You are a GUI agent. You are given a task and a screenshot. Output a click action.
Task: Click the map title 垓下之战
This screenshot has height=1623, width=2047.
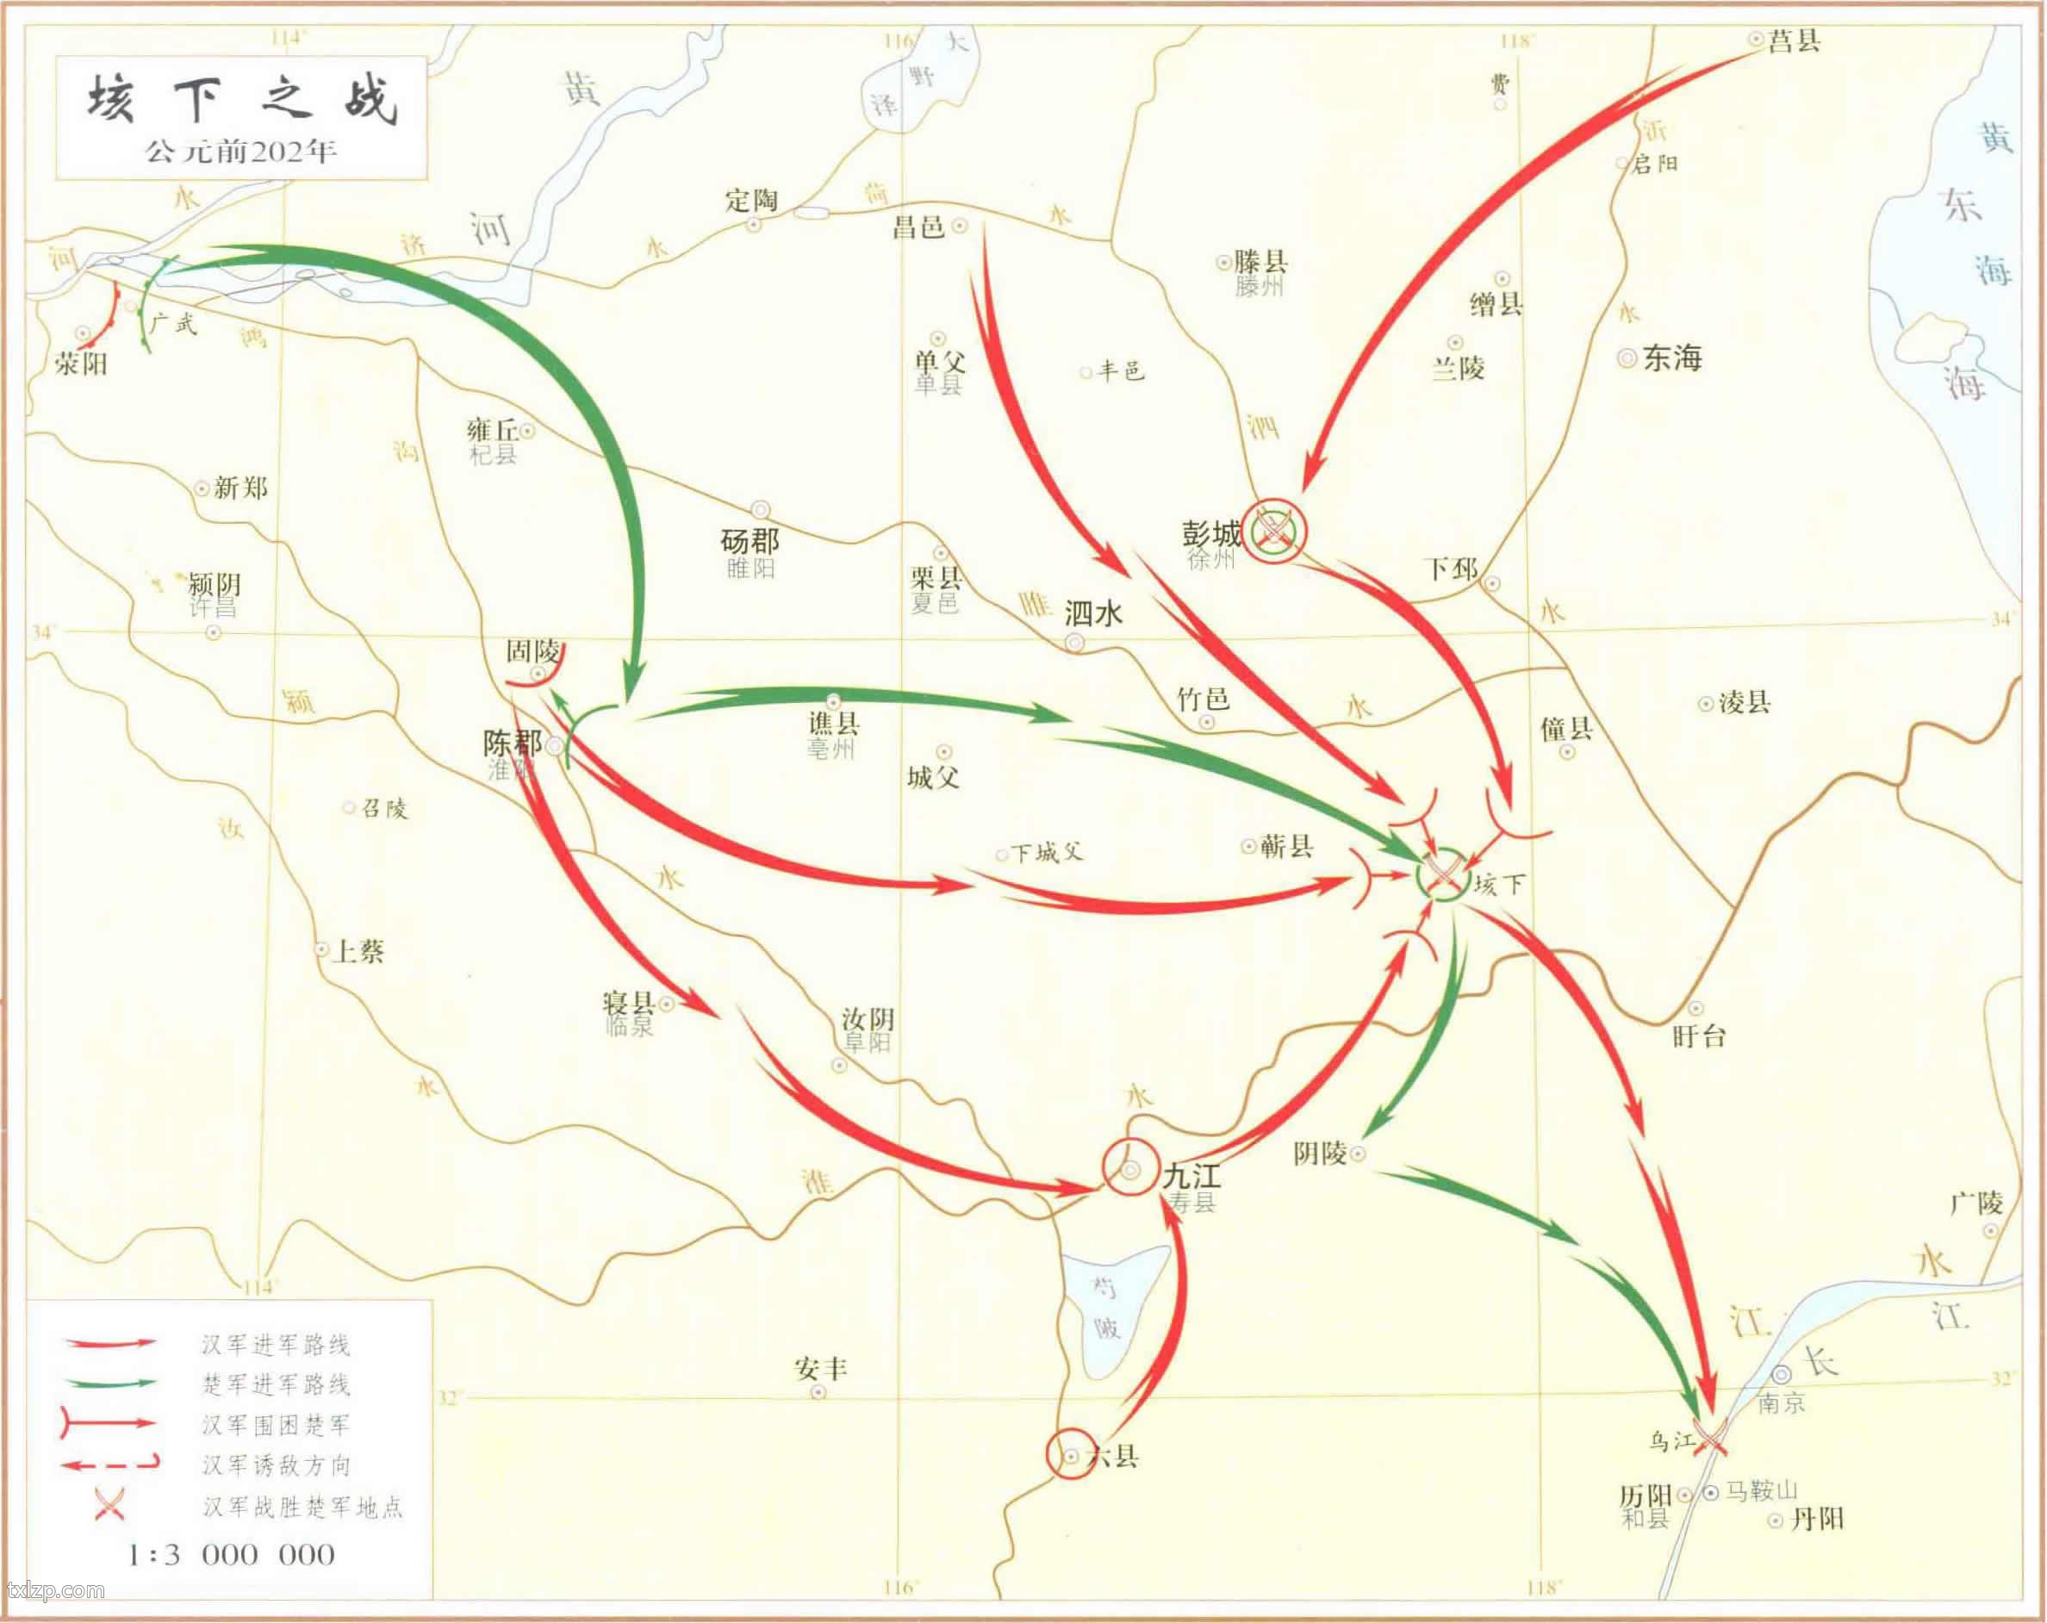(241, 100)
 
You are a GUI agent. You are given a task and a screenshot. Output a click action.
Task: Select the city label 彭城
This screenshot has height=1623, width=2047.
(1211, 534)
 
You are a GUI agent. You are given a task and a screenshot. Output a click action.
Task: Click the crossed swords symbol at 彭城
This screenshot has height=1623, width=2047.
(1274, 529)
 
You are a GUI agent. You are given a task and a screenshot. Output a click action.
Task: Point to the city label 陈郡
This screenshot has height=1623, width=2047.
(512, 743)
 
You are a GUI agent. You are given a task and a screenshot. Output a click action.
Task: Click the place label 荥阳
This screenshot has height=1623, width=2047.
(81, 363)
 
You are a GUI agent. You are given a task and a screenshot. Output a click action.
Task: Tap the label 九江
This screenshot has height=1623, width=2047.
(1192, 1177)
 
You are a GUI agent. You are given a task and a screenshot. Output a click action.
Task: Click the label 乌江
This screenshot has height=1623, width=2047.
(1671, 1440)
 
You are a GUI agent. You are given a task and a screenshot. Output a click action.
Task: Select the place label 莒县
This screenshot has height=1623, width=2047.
(1795, 40)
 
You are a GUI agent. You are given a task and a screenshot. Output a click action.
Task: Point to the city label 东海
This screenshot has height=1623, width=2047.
(1672, 358)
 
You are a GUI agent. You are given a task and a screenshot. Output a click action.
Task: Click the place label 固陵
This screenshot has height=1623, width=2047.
(532, 651)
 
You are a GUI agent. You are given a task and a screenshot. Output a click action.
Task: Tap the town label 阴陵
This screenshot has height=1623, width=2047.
(1320, 1154)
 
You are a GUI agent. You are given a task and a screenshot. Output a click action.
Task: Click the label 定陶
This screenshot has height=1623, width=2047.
(751, 200)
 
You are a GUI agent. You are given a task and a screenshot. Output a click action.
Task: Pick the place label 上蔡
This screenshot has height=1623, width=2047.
(358, 951)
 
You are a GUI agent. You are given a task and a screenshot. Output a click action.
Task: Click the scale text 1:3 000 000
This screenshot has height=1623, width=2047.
(231, 1555)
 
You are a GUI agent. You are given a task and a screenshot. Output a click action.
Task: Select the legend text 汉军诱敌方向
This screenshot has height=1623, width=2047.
(277, 1465)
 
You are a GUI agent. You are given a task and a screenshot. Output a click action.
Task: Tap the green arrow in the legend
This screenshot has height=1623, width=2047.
(110, 1384)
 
